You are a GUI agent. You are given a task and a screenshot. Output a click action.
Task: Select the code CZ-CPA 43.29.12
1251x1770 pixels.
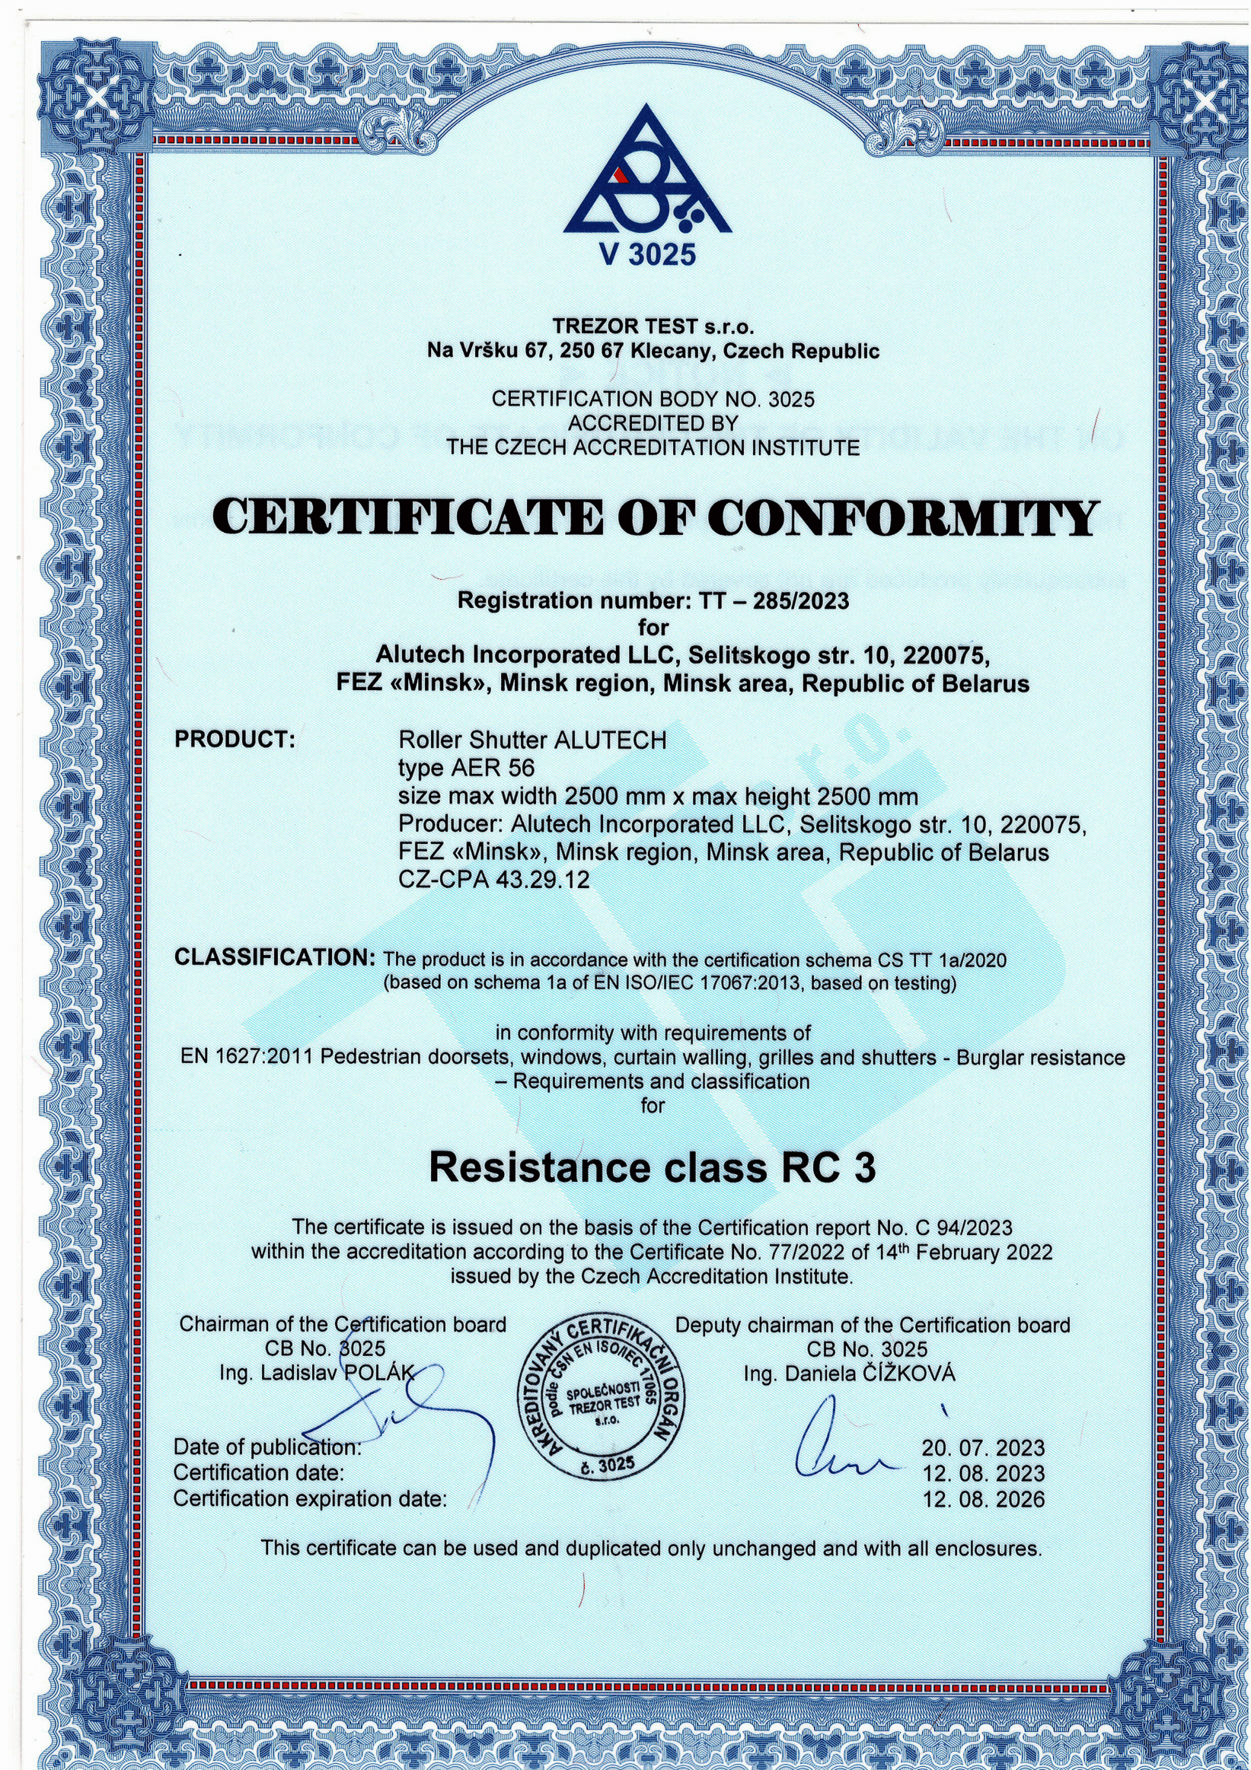tap(493, 879)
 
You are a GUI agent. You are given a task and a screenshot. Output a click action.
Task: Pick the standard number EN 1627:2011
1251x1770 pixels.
tap(247, 1057)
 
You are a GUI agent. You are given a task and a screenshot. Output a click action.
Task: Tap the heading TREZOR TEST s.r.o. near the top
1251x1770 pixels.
tap(653, 327)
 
